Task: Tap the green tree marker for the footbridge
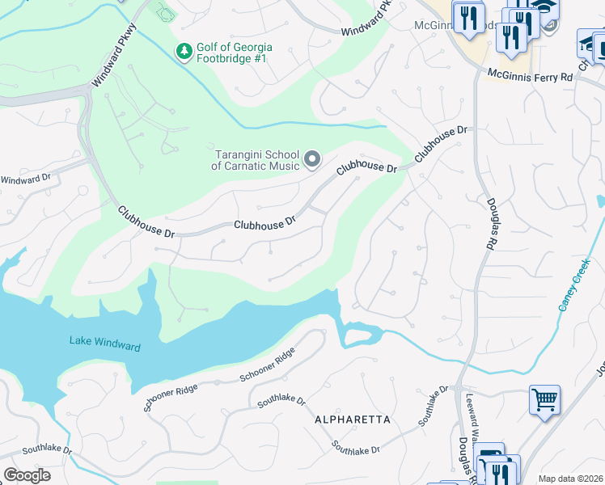tap(184, 52)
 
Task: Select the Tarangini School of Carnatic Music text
tap(256, 160)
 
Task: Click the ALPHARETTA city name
tap(353, 420)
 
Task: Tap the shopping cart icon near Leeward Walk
tap(544, 399)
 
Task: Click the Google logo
tap(26, 475)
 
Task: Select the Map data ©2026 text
tap(570, 479)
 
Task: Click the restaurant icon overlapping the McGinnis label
tap(468, 17)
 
